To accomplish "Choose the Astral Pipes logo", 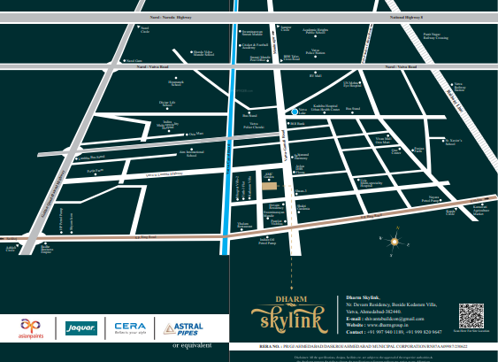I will coord(183,328).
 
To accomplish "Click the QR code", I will coord(471,315).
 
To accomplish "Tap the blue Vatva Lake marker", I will coord(294,112).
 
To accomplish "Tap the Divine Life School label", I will coord(167,104).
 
